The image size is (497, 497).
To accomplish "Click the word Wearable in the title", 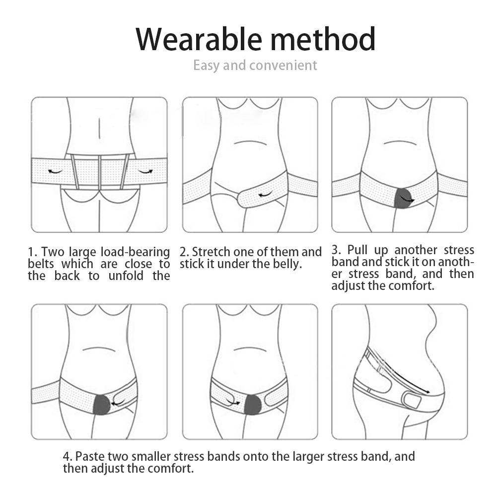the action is pyautogui.click(x=199, y=39).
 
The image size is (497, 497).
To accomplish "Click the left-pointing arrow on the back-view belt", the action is pyautogui.click(x=55, y=171).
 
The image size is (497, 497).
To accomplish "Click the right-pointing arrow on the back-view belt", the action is pyautogui.click(x=146, y=171).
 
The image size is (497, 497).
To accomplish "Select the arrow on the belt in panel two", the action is pyautogui.click(x=265, y=194).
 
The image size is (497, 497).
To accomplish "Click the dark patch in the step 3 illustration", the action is pyautogui.click(x=402, y=198).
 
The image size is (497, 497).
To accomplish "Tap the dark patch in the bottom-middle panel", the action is pyautogui.click(x=253, y=405).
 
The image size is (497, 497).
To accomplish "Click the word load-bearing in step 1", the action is pyautogui.click(x=136, y=252).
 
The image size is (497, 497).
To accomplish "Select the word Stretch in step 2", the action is pyautogui.click(x=211, y=252).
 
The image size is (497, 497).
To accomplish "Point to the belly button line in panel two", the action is pyautogui.click(x=250, y=143).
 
